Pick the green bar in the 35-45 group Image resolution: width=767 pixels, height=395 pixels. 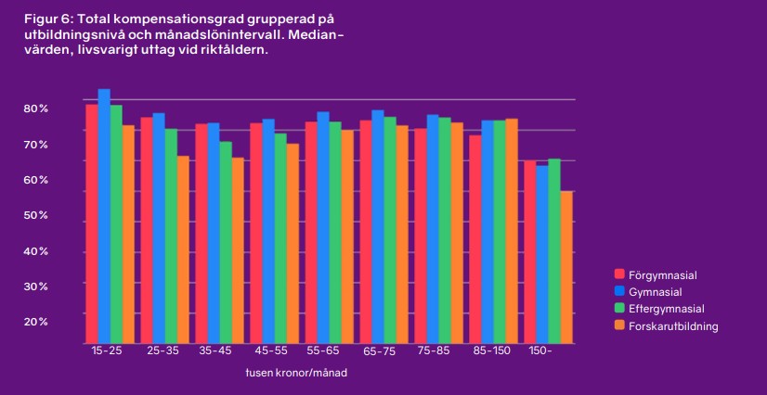click(x=226, y=242)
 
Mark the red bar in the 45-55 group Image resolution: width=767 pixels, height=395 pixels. click(x=255, y=232)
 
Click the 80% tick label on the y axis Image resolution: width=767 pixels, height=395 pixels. click(x=36, y=108)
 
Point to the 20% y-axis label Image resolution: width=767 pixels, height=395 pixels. click(x=36, y=321)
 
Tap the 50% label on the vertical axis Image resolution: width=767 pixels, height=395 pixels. click(x=36, y=215)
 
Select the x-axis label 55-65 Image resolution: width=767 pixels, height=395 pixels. click(x=323, y=351)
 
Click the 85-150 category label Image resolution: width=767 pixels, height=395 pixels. click(x=491, y=351)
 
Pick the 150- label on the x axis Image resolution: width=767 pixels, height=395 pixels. click(x=540, y=351)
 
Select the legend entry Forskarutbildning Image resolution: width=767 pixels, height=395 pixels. click(x=673, y=325)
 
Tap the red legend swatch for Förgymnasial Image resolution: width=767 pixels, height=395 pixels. click(x=619, y=275)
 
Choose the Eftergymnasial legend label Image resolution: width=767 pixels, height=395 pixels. click(x=667, y=309)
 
